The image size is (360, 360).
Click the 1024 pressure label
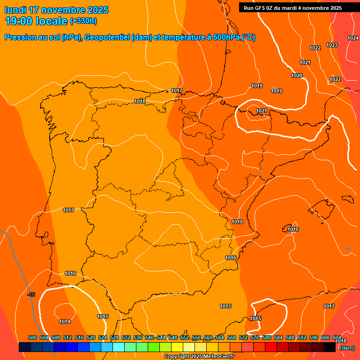tap(353, 38)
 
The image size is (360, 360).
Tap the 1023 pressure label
tap(332, 45)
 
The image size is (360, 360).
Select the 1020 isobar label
tap(297, 75)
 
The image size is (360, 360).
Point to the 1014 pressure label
tap(65, 322)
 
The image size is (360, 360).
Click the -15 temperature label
tap(31, 294)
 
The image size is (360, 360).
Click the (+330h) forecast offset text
tap(83, 21)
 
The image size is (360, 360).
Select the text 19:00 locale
tap(36, 21)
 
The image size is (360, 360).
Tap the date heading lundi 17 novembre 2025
tap(56, 10)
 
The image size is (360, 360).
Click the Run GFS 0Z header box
tap(292, 7)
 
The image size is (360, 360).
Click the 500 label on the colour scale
tap(32, 337)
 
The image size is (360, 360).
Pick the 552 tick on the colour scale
tap(185, 337)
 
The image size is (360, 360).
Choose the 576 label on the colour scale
tap(255, 337)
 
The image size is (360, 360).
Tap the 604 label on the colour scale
tap(337, 337)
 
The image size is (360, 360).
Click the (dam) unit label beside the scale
tap(347, 348)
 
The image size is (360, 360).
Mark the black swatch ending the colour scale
tap(330, 347)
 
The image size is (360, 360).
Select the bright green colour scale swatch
tap(154, 347)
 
